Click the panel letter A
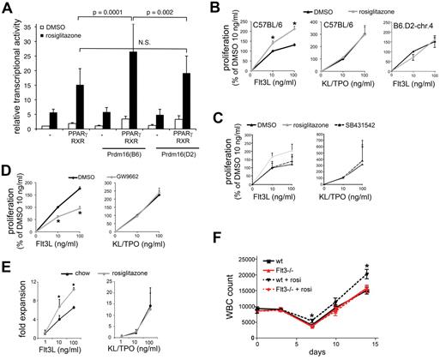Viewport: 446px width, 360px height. (x=7, y=8)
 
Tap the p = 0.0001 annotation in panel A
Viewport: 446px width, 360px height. (x=119, y=12)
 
